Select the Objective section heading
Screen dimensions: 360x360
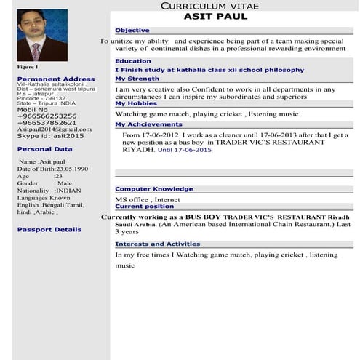click(132, 31)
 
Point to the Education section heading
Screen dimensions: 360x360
click(133, 61)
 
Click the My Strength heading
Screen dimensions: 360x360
click(137, 79)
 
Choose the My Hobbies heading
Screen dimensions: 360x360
click(135, 103)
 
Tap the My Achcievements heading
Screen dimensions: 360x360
click(148, 124)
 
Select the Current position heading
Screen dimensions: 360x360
click(144, 207)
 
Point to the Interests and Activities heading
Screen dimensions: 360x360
click(157, 244)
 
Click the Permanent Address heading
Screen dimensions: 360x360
click(55, 79)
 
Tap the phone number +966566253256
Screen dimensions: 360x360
click(46, 116)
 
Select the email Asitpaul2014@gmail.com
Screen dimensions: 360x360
click(49, 129)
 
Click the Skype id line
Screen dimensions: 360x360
click(50, 136)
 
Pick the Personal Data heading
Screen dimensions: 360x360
click(44, 149)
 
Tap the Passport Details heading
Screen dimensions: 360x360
click(49, 229)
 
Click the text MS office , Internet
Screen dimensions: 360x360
click(147, 199)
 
